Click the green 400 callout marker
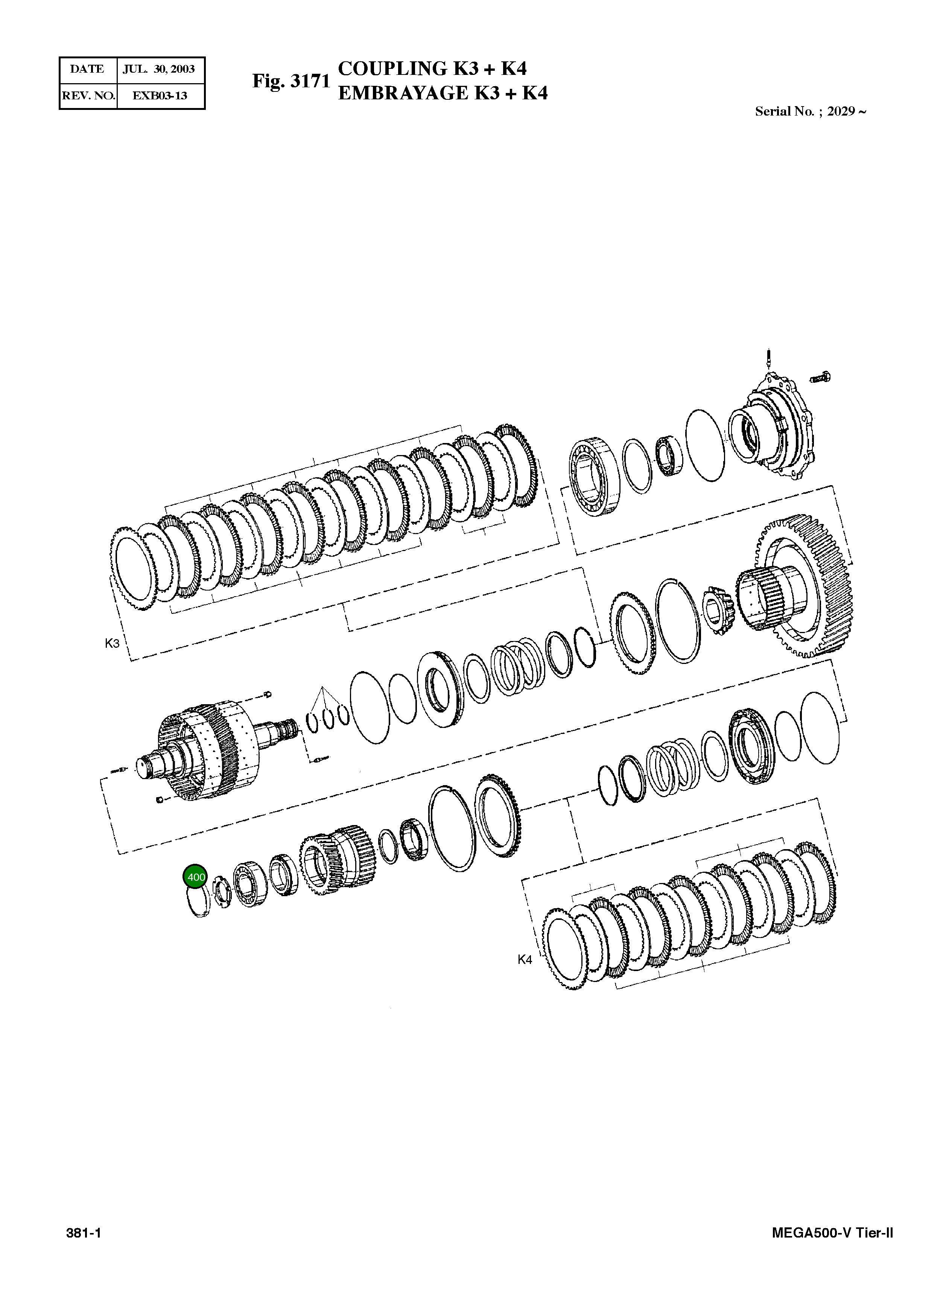(196, 877)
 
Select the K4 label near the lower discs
(525, 959)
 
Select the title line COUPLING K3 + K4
(432, 69)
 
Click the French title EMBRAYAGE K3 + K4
(443, 93)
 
